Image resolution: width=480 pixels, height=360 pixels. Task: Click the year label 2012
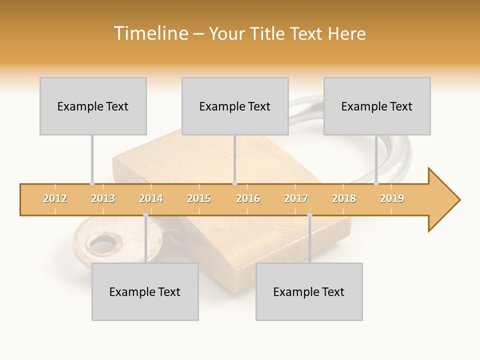[x=55, y=198]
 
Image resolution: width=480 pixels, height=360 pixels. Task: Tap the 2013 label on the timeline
[x=103, y=198]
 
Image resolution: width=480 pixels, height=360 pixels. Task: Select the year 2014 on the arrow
[x=151, y=198]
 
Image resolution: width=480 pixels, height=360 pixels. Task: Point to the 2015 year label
[x=199, y=198]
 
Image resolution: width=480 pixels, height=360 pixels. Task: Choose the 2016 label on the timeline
[x=248, y=198]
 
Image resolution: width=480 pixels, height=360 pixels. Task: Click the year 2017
[x=296, y=198]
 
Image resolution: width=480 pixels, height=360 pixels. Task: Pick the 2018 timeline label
[x=344, y=198]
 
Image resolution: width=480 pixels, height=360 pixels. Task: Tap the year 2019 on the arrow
[x=392, y=198]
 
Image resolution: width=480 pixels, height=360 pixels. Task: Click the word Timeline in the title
[x=150, y=33]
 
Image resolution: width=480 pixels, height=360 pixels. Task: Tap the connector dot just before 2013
[x=92, y=183]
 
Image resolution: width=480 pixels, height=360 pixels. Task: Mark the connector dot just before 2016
[x=234, y=183]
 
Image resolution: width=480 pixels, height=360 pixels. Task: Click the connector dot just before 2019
[x=376, y=183]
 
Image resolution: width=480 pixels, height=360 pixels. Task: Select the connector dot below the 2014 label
[x=145, y=215]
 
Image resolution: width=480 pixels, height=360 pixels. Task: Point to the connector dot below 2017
[x=309, y=215]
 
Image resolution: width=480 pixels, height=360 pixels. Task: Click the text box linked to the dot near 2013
[x=93, y=106]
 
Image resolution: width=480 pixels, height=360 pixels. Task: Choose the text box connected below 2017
[x=309, y=292]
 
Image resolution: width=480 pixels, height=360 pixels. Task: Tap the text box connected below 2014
[x=145, y=292]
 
